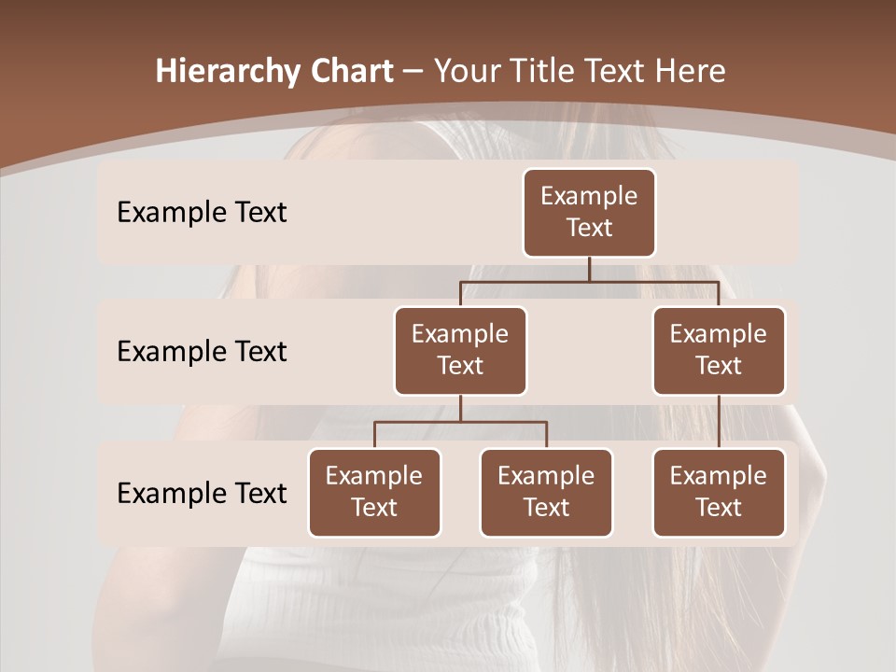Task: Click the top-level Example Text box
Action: tap(589, 213)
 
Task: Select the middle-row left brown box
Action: tap(460, 351)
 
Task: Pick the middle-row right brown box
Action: tap(719, 351)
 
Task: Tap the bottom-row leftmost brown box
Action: tap(374, 493)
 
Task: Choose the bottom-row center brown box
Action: tap(546, 493)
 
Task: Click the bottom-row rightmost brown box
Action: tap(719, 493)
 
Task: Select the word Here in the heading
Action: tap(691, 72)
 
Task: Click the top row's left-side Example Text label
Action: tap(202, 213)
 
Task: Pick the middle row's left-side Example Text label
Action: tap(202, 352)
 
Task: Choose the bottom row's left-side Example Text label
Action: tap(202, 493)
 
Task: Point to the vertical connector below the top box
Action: tap(589, 269)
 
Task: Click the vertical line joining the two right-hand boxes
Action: tap(719, 422)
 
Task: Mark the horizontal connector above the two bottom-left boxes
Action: tap(460, 422)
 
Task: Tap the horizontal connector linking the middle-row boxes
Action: tap(589, 281)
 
